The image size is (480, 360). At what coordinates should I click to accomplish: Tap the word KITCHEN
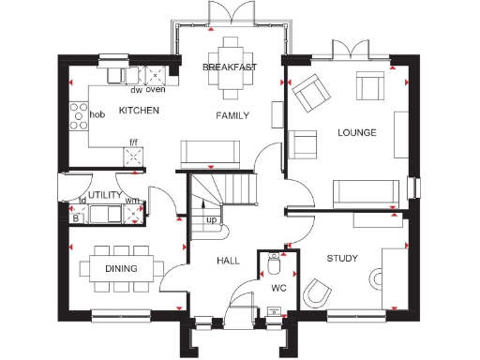139,111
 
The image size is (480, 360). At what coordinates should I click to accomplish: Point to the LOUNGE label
356,133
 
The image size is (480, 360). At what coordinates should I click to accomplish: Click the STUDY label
342,258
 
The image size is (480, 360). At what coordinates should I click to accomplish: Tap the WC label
278,288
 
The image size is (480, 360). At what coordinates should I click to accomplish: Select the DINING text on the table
121,269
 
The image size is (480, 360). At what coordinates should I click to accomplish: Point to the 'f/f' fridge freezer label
133,143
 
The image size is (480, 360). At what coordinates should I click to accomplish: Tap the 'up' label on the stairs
211,221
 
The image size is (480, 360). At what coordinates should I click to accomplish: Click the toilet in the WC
274,260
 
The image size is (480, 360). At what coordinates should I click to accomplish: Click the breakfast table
230,68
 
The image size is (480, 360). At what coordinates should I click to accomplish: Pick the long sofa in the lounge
363,191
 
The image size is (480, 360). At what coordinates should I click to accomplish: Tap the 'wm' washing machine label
132,201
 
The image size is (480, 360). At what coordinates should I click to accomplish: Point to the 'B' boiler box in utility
76,218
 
